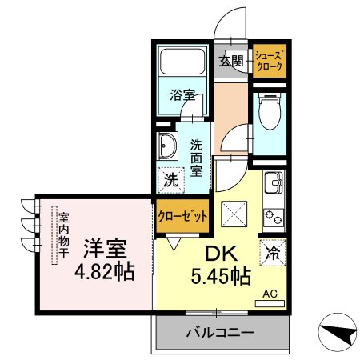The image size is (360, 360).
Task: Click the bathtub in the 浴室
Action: pos(182,61)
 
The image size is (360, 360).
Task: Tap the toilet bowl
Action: pos(270,111)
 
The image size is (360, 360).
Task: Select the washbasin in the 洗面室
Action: pos(167,146)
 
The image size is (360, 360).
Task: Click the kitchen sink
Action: pos(274,183)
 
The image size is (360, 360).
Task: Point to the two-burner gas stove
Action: pos(274,217)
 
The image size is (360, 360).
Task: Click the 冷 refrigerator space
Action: pos(273,253)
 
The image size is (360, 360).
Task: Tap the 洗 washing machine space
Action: pos(171,180)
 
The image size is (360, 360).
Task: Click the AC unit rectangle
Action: pos(270,303)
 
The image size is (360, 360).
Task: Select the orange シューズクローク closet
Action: pos(270,61)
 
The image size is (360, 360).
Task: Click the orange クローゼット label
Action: pos(182,216)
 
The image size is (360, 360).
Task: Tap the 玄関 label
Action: pos(231,61)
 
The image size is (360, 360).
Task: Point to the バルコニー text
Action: pos(220,333)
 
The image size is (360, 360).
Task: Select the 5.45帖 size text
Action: pos(221,276)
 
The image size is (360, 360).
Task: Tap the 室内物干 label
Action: pos(64,234)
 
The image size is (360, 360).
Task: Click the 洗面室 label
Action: pos(196,158)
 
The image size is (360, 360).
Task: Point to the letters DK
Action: pos(221,254)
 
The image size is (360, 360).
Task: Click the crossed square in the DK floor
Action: pos(234,214)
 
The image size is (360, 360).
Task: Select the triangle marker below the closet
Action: pos(174,244)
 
